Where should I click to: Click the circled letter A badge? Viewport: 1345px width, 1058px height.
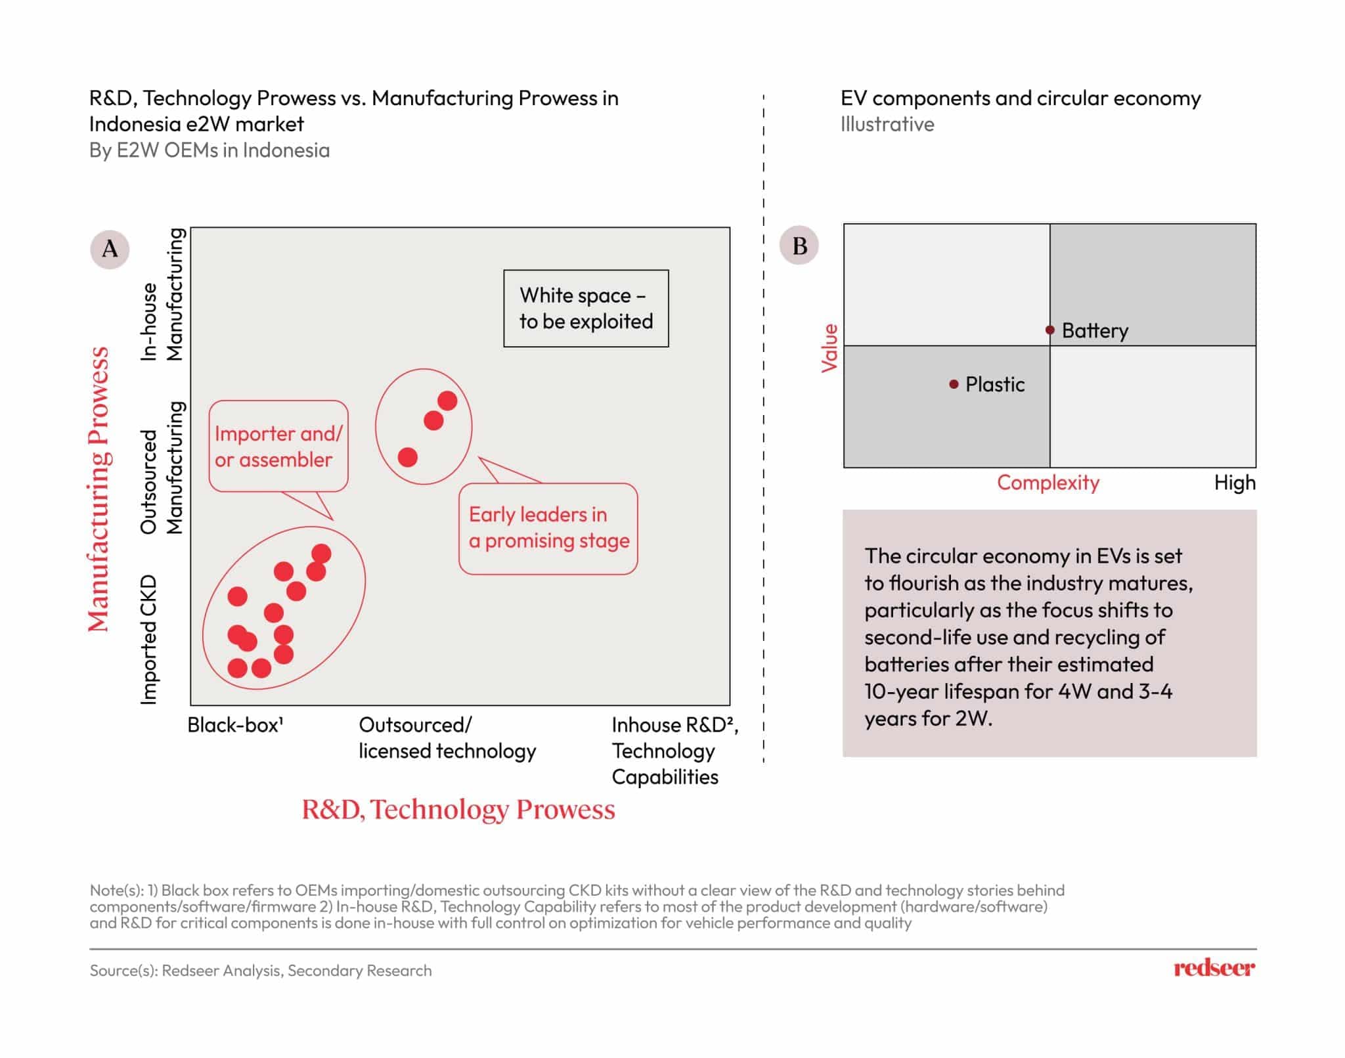110,249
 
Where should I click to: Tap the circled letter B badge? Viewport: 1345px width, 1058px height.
799,246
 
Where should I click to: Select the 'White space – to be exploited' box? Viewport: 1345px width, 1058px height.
586,308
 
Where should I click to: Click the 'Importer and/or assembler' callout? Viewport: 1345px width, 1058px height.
278,446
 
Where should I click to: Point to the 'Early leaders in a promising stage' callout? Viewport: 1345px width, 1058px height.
548,529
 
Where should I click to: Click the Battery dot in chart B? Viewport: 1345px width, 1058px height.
1050,330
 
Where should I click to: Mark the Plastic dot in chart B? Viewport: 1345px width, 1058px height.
954,384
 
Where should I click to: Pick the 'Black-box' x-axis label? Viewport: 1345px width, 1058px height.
235,725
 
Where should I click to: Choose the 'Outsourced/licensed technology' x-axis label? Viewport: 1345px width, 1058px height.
447,738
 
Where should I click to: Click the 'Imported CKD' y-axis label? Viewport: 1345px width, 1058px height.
149,640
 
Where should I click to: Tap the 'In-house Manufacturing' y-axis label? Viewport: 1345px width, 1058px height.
162,294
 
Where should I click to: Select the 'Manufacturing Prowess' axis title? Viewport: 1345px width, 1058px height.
99,489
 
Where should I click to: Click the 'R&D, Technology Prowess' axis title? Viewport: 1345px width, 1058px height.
458,809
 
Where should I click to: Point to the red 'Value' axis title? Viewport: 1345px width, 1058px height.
829,348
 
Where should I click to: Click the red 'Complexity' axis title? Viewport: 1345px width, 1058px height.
1048,483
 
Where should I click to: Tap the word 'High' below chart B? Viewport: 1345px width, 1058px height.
1235,483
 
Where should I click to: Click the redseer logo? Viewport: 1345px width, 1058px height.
1214,968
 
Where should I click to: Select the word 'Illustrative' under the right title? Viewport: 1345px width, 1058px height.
887,124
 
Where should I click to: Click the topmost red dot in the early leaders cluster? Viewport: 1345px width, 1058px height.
447,401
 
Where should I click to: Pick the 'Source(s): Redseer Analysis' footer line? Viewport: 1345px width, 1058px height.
261,971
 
